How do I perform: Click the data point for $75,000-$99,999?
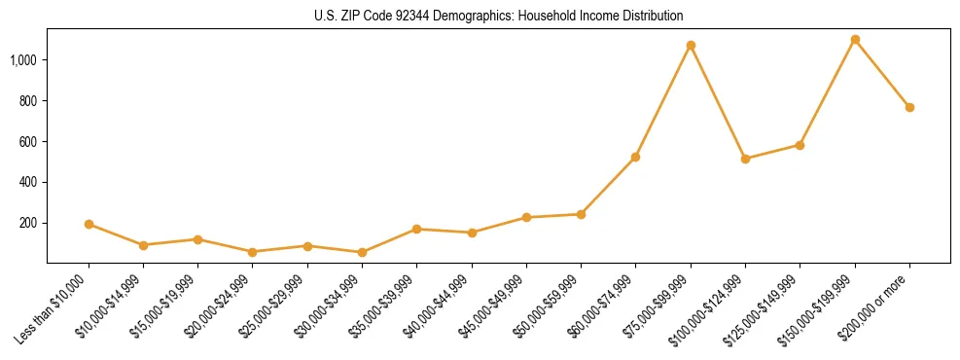691,46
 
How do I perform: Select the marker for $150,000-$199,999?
855,40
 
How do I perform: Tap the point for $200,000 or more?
909,107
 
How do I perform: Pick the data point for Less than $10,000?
89,224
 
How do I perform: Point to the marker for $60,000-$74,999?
635,157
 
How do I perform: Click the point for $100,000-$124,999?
745,159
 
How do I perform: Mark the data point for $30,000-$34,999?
362,252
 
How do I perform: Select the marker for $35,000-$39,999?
416,229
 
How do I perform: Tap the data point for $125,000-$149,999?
800,145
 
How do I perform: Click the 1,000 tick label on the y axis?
23,60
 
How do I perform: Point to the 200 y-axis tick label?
29,223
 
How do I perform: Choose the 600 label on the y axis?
29,141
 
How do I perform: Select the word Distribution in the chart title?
653,17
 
